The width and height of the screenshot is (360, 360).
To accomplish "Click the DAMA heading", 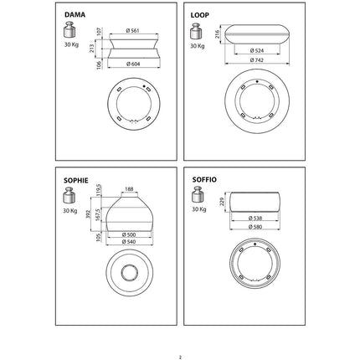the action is click(75, 14).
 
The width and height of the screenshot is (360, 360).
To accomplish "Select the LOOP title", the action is click(199, 15).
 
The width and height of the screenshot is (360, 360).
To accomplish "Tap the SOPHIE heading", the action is click(76, 181).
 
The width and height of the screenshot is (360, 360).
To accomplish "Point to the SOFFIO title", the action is click(204, 180).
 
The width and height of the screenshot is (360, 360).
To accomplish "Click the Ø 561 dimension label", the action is click(132, 30).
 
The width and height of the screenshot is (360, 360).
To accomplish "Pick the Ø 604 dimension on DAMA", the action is click(133, 64).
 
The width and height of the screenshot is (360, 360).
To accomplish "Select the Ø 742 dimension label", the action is click(256, 59).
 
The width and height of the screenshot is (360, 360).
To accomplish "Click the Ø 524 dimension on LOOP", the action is click(257, 50).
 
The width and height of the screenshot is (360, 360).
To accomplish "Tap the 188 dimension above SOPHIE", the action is click(129, 189).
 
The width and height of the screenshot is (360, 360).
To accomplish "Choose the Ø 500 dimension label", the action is click(129, 234).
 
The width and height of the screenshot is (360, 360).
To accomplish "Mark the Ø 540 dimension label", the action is click(129, 242).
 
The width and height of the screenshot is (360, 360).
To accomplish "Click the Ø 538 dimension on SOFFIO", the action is click(255, 218).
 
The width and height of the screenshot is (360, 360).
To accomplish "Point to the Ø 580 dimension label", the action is click(255, 227).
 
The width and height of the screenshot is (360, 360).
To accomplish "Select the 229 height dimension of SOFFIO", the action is click(222, 202).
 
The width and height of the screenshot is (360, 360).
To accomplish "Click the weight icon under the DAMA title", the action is click(69, 29).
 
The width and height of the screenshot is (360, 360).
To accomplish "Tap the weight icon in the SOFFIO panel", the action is click(198, 194).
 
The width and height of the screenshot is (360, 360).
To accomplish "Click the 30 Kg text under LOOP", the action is click(198, 46).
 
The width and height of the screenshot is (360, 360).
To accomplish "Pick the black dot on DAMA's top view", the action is click(144, 86).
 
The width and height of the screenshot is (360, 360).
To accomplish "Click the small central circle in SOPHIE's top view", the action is click(130, 271).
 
